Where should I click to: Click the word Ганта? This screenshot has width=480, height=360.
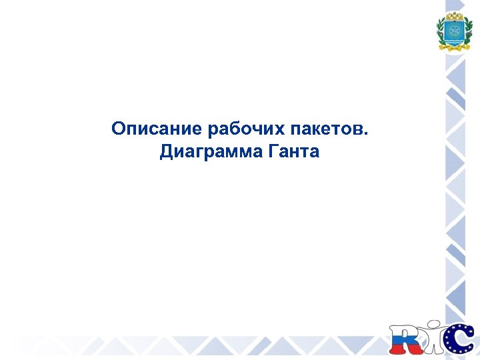(293, 153)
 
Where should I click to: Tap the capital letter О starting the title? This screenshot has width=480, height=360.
(118, 128)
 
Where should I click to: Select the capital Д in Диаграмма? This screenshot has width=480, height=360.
(167, 153)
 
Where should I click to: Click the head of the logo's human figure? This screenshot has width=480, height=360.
(435, 325)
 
